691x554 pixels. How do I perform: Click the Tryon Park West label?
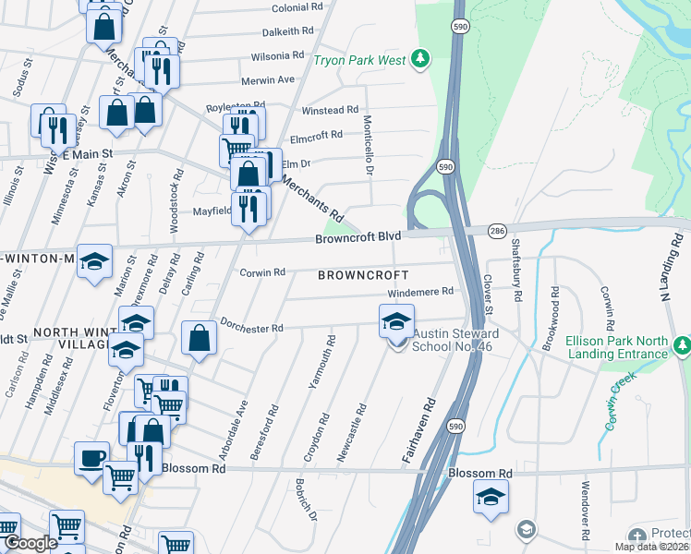[359, 61]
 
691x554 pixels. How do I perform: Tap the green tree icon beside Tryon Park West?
[420, 59]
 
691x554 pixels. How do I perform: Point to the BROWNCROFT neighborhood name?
[363, 275]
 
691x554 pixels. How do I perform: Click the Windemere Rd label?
[420, 292]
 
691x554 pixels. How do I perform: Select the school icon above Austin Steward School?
[395, 322]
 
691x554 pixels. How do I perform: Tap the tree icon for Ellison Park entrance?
[683, 346]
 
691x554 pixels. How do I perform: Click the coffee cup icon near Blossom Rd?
[91, 458]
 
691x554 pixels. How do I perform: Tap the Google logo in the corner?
[30, 543]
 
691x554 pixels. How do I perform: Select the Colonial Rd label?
[297, 6]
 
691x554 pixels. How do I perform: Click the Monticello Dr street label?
[368, 143]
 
